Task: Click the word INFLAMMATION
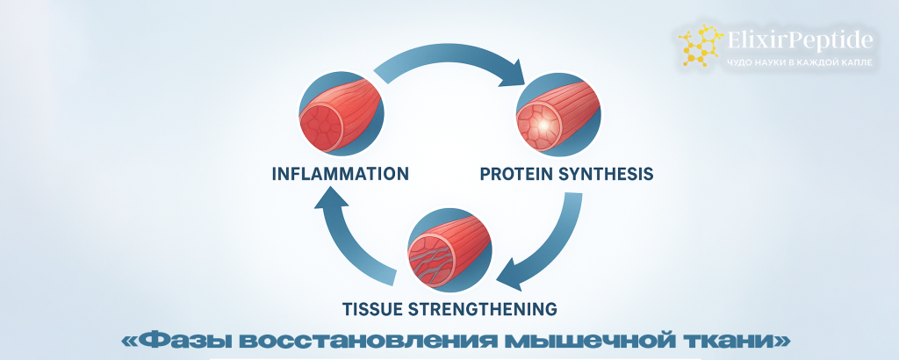coord(341,173)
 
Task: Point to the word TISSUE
coord(373,308)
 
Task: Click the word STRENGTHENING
coord(484,308)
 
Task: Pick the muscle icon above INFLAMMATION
coord(342,114)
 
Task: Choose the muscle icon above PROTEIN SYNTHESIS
coord(558,114)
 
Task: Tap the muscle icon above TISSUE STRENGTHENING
coord(450,250)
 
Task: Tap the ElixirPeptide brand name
coord(801,40)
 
